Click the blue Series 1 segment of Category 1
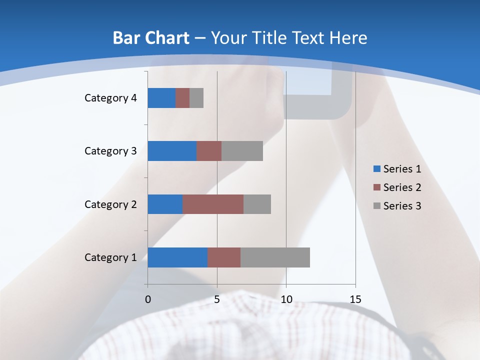pos(177,257)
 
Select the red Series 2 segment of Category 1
pos(224,257)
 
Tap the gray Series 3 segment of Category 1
pos(275,257)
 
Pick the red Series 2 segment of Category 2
pos(213,204)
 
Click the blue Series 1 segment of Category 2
pos(165,204)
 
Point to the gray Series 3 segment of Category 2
pos(257,204)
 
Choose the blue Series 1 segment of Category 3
pos(172,151)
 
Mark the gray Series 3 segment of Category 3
pos(242,151)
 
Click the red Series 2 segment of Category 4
pos(182,98)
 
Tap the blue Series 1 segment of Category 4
pos(161,98)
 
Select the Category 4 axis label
pos(110,98)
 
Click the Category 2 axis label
pos(110,204)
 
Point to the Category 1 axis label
pos(110,257)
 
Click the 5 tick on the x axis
pos(217,299)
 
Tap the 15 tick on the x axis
pos(355,299)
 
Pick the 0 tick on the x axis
pos(148,299)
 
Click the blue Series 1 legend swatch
pos(376,169)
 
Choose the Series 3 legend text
pos(402,206)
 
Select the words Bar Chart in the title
pos(150,38)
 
